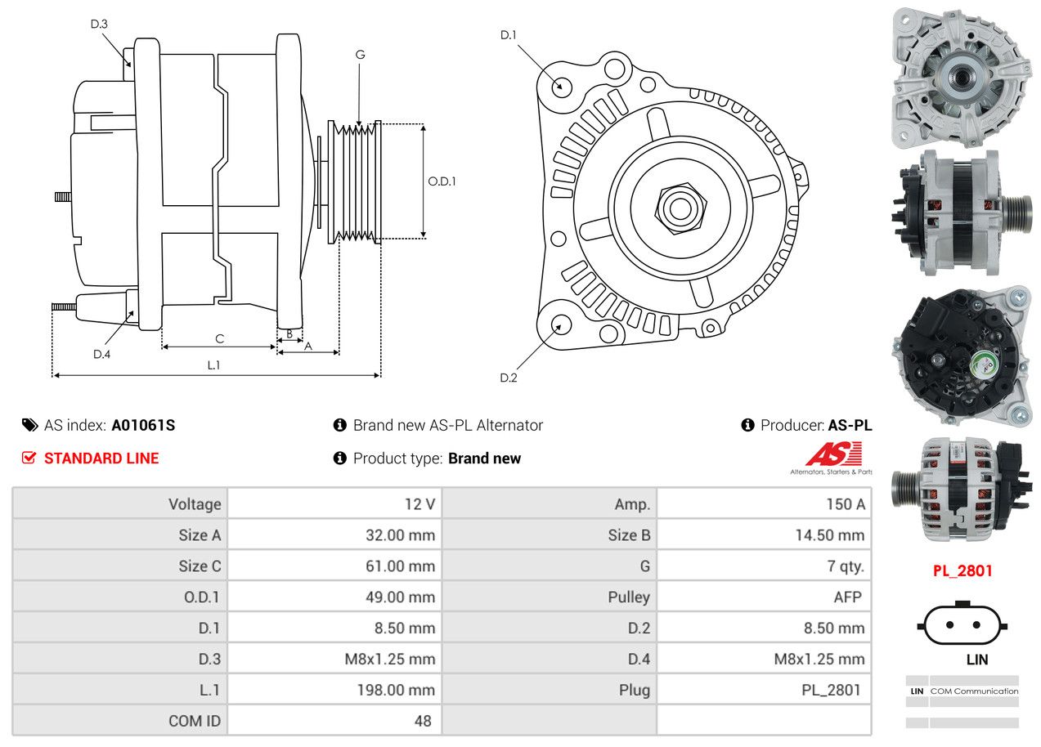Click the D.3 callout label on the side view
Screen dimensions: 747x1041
pos(99,24)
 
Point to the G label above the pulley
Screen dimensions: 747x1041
pos(360,55)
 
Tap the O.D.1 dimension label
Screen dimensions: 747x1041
pos(442,181)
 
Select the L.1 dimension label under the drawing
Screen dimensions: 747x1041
pos(213,365)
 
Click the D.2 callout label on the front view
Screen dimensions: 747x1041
pos(509,378)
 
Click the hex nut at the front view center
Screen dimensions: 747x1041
pos(678,207)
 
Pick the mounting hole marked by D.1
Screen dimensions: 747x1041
pos(561,86)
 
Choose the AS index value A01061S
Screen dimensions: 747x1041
pos(143,425)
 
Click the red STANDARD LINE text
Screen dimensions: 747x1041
pos(101,458)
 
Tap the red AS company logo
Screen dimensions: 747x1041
pos(833,454)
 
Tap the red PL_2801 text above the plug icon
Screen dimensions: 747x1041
pos(962,570)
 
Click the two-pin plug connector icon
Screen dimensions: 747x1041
pos(962,625)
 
